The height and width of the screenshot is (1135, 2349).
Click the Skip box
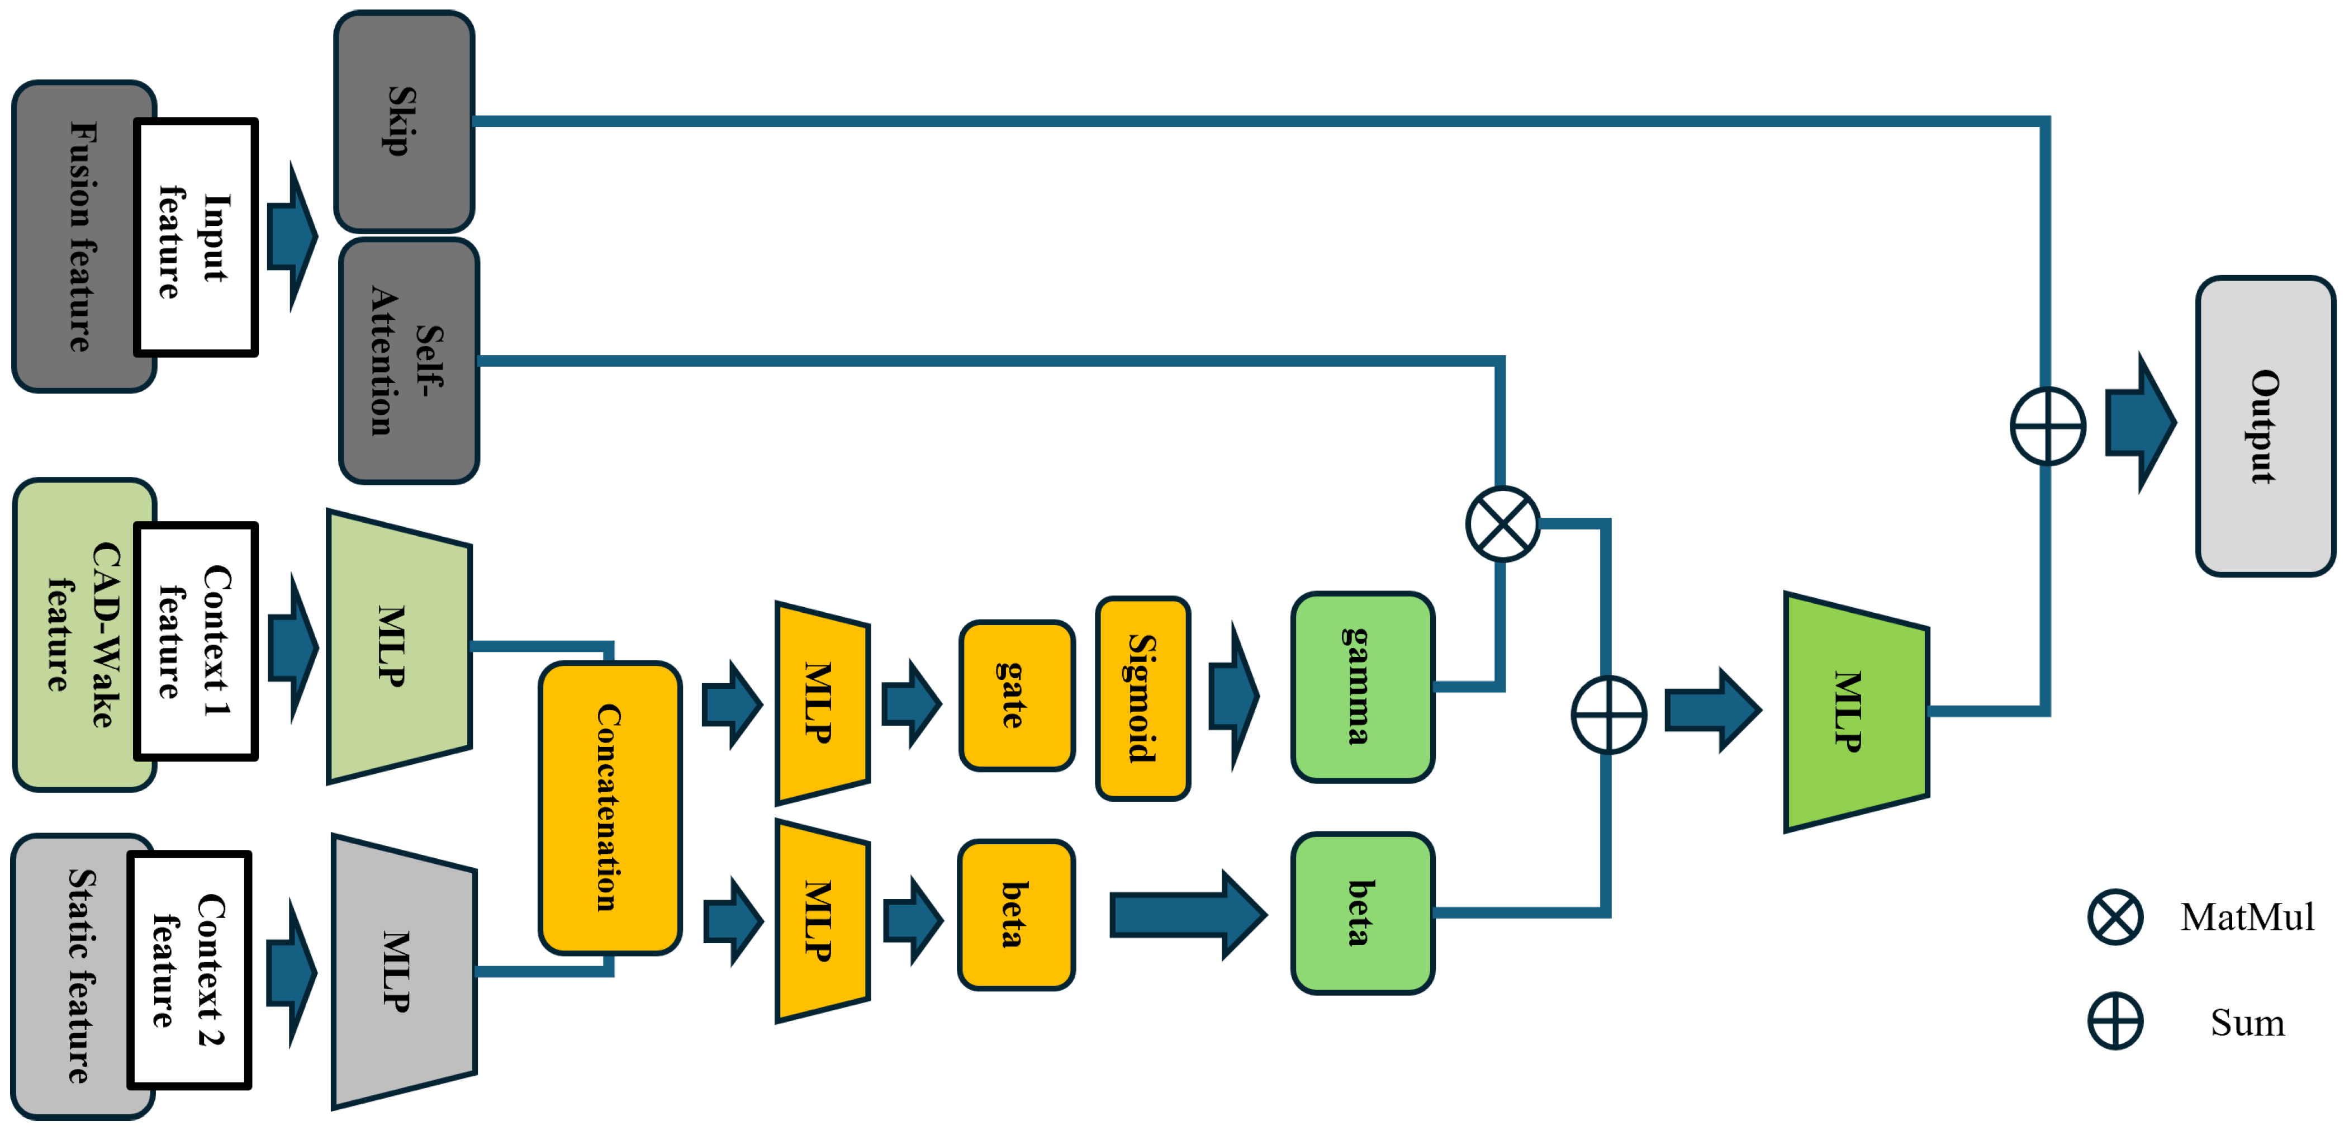pyautogui.click(x=404, y=121)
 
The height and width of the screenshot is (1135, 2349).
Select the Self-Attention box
pyautogui.click(x=409, y=361)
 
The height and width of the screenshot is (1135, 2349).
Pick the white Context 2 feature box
pyautogui.click(x=189, y=970)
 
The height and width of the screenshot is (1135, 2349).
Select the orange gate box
pyautogui.click(x=1017, y=695)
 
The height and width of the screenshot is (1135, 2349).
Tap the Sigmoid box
pyautogui.click(x=1142, y=698)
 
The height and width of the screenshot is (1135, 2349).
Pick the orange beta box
pyautogui.click(x=1016, y=914)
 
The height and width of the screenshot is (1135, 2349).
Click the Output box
pyautogui.click(x=2265, y=426)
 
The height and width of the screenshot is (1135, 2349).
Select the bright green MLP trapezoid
pyautogui.click(x=1856, y=712)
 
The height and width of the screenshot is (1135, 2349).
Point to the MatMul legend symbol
pyautogui.click(x=2115, y=917)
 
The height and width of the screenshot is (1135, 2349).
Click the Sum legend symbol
pyautogui.click(x=2115, y=1021)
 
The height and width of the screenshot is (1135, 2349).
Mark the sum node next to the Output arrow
pyautogui.click(x=2047, y=426)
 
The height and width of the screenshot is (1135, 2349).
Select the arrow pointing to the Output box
pyautogui.click(x=2140, y=423)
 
